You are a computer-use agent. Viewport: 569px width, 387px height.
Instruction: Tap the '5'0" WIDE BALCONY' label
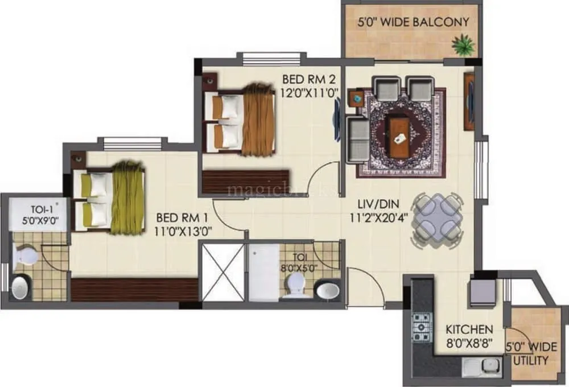coord(413,22)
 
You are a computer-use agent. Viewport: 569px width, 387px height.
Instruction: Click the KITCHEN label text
coord(469,330)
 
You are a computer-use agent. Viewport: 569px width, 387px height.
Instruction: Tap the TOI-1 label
coord(28,208)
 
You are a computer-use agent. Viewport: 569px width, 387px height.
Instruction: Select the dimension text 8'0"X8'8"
coord(469,344)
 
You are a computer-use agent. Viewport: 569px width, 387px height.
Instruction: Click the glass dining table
coord(435,220)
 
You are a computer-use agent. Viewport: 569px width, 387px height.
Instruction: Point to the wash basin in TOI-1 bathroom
coord(21,287)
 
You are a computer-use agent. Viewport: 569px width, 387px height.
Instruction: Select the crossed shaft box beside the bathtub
coord(223,272)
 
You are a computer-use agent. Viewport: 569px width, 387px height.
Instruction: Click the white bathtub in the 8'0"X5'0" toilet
coord(264,272)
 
